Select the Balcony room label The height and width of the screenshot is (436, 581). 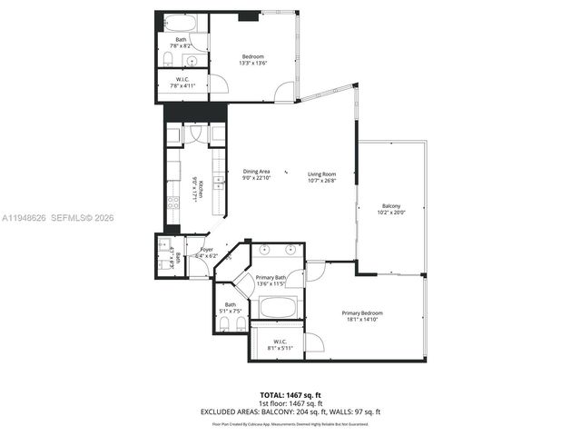point(390,209)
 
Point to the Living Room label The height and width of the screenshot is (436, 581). point(321,176)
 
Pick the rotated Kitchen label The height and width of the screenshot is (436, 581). point(198,190)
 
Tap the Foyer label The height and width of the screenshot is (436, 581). point(207,253)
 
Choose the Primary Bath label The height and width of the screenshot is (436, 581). point(271,281)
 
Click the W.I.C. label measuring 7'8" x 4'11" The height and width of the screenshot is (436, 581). point(182,82)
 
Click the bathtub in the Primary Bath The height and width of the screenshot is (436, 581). point(277,307)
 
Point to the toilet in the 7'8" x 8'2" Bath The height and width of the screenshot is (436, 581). point(170,59)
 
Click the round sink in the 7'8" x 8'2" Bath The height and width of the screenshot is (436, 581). point(192,60)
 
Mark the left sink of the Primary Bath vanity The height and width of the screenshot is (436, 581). point(263,248)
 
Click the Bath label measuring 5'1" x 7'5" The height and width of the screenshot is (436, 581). point(231,308)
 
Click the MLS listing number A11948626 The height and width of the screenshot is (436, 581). point(25,218)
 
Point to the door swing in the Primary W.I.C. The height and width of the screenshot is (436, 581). point(313,342)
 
